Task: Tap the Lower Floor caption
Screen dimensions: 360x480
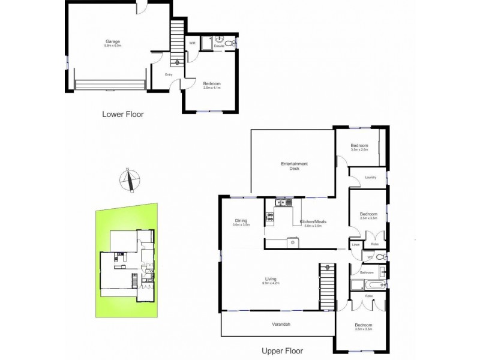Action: click(x=123, y=114)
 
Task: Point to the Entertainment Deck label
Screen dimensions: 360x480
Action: click(x=295, y=166)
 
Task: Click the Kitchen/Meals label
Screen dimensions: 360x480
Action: click(x=313, y=223)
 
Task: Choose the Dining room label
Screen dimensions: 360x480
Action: click(x=241, y=221)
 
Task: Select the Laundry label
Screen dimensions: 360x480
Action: click(x=370, y=177)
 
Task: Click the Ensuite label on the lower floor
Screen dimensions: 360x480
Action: click(x=219, y=46)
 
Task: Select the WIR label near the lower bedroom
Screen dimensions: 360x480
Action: click(x=193, y=43)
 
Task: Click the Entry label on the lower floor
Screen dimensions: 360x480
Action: click(x=169, y=74)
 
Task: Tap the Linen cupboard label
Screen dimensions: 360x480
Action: click(x=356, y=244)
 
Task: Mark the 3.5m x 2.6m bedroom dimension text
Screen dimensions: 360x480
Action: click(x=360, y=149)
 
